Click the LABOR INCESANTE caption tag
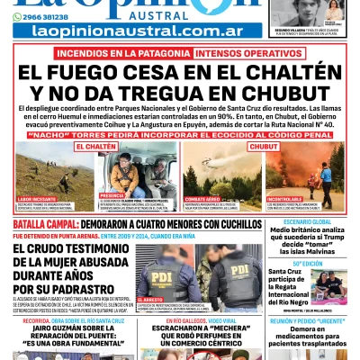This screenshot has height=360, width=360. point(37,197)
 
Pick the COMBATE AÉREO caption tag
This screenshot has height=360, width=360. point(203,197)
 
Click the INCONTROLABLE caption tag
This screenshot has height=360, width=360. point(286,197)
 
